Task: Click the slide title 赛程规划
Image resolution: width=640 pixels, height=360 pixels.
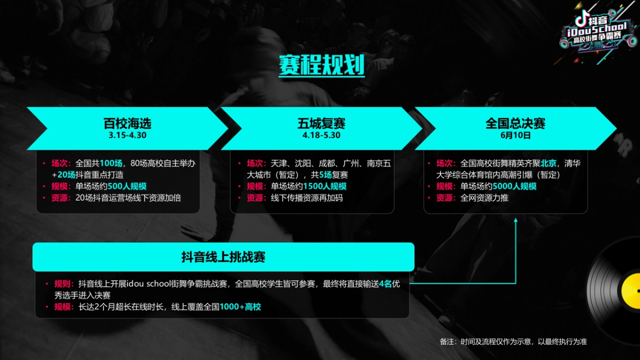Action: click(x=322, y=66)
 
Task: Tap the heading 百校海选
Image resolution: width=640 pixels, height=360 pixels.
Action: click(x=127, y=124)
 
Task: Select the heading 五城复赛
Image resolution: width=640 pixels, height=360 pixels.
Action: click(x=321, y=124)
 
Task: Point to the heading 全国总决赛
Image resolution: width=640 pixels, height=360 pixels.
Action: click(x=515, y=124)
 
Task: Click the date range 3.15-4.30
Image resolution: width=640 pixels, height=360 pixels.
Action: click(x=127, y=135)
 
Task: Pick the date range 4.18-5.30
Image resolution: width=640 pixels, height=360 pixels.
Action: click(x=321, y=135)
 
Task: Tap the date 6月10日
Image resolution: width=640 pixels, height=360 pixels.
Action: click(x=515, y=135)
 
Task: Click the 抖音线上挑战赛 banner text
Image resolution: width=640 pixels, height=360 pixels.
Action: click(x=223, y=258)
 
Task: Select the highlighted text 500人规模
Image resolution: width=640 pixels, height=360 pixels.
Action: click(x=127, y=186)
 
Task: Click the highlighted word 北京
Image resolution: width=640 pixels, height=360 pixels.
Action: click(x=549, y=163)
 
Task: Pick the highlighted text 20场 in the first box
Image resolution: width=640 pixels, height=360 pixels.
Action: click(x=66, y=175)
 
